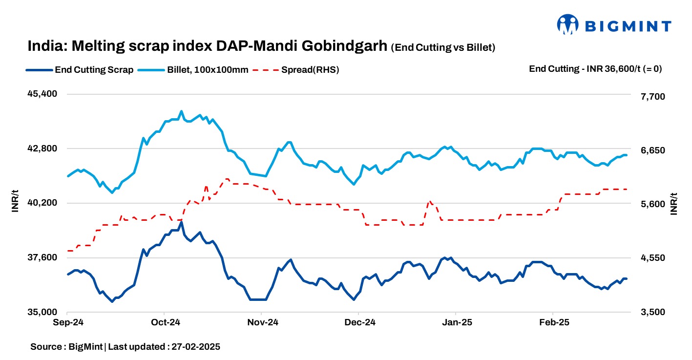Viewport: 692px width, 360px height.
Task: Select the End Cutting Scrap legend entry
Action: (x=80, y=69)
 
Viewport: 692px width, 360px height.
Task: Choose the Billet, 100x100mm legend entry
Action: (x=193, y=69)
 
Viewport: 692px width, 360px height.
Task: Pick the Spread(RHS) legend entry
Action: (x=298, y=69)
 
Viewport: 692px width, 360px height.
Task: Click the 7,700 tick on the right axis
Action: (x=651, y=97)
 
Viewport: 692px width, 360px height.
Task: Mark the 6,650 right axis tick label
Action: (x=651, y=150)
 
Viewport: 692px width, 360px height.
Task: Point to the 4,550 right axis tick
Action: (x=651, y=258)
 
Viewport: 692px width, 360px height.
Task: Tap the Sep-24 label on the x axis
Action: (x=67, y=322)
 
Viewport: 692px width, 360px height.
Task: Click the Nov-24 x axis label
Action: (x=262, y=322)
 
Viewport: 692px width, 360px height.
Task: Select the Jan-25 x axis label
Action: (x=456, y=322)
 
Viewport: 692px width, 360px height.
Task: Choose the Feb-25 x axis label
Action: (x=553, y=322)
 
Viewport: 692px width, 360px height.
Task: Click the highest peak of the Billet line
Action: (x=181, y=111)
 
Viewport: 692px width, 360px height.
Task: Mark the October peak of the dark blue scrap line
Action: (x=181, y=223)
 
